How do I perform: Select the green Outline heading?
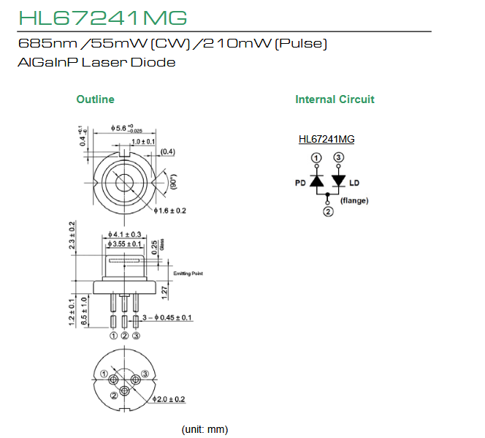tap(96, 99)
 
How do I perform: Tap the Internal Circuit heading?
tap(335, 99)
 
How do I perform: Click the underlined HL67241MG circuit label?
tap(326, 139)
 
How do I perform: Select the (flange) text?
tap(355, 200)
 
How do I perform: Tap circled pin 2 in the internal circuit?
tap(328, 212)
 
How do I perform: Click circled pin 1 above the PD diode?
tap(316, 157)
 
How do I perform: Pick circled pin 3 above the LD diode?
tap(338, 157)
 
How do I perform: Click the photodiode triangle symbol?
tap(316, 181)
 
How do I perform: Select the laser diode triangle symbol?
tap(338, 181)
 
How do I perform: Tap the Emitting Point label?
tap(188, 273)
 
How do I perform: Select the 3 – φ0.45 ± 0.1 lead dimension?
tap(167, 317)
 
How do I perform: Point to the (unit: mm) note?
tap(205, 428)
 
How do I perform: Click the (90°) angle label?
tap(173, 181)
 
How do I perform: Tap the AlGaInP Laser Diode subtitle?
tap(96, 62)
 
